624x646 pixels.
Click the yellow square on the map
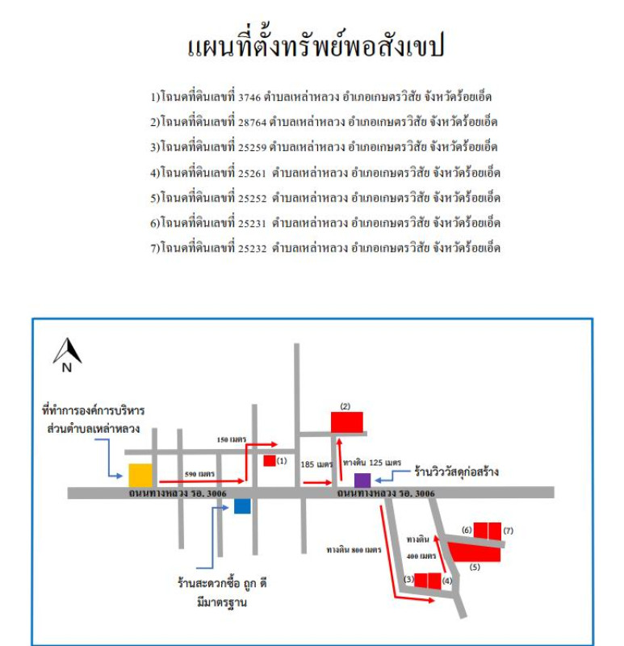click(x=140, y=475)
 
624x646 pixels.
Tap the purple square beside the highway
click(x=362, y=480)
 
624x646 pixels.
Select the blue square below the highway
click(x=242, y=506)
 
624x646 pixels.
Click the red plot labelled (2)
click(x=347, y=422)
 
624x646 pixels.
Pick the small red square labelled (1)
click(x=270, y=460)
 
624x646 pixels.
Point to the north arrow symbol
click(x=67, y=354)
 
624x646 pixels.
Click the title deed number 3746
click(x=249, y=97)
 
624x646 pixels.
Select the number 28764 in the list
click(x=253, y=123)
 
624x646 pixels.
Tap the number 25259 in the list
click(x=253, y=148)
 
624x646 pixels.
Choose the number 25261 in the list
click(x=253, y=173)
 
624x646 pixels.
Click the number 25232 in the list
click(x=253, y=249)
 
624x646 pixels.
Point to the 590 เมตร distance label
click(x=199, y=474)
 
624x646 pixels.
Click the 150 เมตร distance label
click(x=232, y=439)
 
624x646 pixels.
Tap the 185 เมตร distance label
click(x=316, y=464)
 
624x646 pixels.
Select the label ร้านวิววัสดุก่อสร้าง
click(x=456, y=472)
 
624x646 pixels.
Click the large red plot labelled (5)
click(x=475, y=552)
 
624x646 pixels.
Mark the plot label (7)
click(x=509, y=531)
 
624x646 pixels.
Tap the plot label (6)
click(x=467, y=530)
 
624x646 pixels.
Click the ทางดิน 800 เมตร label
click(x=354, y=550)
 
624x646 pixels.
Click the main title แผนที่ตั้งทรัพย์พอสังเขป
click(x=316, y=46)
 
